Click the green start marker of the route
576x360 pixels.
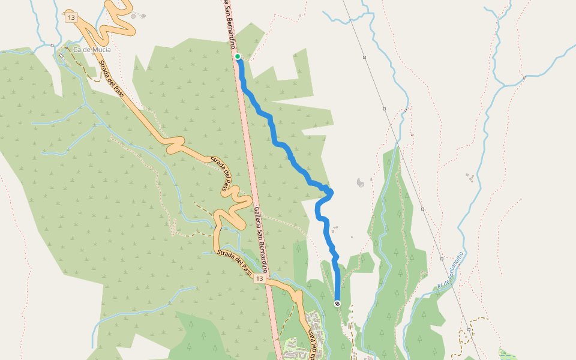[238, 56]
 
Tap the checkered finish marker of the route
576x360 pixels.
[337, 304]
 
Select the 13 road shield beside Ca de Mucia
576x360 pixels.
[71, 18]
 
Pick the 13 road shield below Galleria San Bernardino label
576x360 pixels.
[259, 279]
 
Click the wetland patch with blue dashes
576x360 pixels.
[508, 353]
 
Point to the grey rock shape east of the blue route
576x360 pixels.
[360, 182]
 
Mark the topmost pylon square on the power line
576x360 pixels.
[364, 58]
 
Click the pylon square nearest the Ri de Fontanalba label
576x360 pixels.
[443, 259]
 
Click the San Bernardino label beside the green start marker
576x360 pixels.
[230, 24]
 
